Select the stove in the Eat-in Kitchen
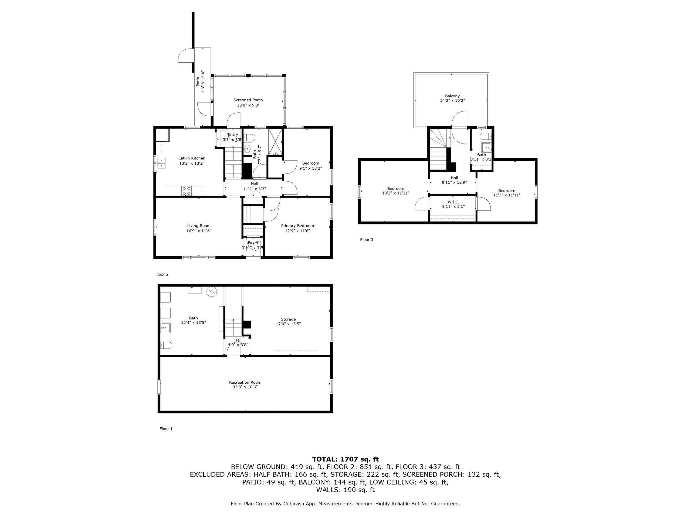(x=187, y=191)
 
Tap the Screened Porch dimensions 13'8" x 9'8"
(x=248, y=105)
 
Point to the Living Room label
(x=199, y=226)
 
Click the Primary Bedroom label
(x=297, y=226)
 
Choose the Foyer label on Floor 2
(x=253, y=243)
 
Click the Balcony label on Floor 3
(x=452, y=96)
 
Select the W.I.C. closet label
(x=453, y=202)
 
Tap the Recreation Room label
(x=245, y=383)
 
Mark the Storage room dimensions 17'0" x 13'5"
(x=288, y=324)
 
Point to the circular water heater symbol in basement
(x=212, y=292)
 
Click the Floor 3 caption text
(x=367, y=240)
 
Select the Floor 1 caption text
(x=166, y=429)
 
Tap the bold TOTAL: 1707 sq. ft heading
(x=345, y=459)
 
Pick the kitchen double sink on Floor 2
(x=161, y=163)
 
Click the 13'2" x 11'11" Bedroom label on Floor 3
(x=395, y=189)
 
